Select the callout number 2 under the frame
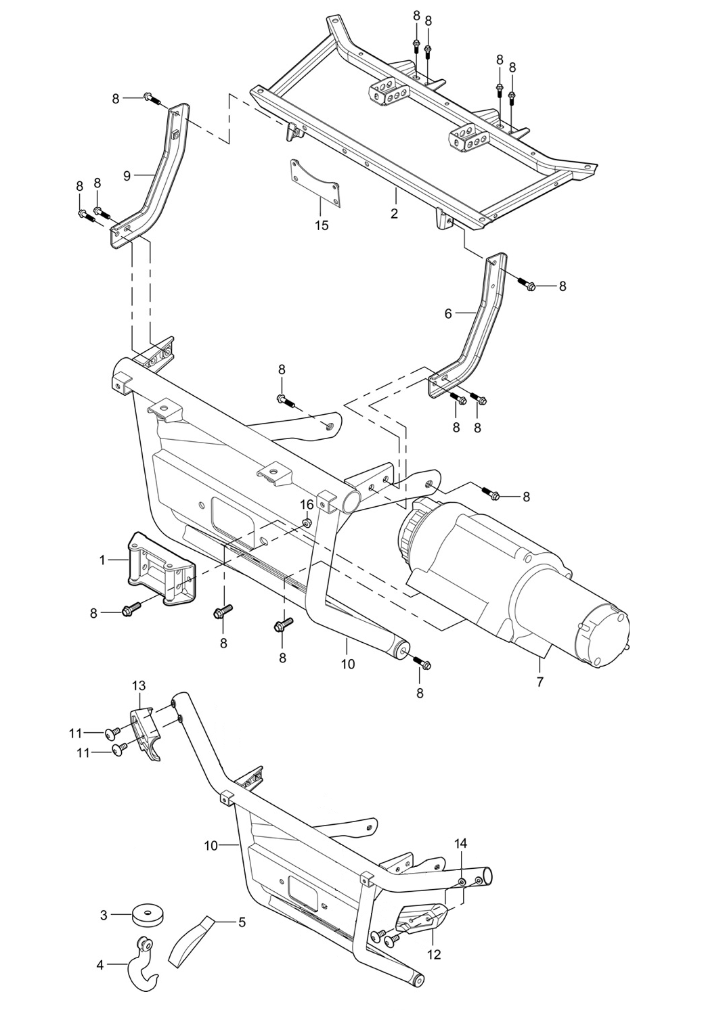(394, 214)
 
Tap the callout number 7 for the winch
(540, 682)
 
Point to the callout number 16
(307, 505)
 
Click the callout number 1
(102, 560)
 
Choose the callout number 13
(138, 686)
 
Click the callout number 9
(127, 175)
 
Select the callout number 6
(447, 313)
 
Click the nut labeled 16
(307, 523)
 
